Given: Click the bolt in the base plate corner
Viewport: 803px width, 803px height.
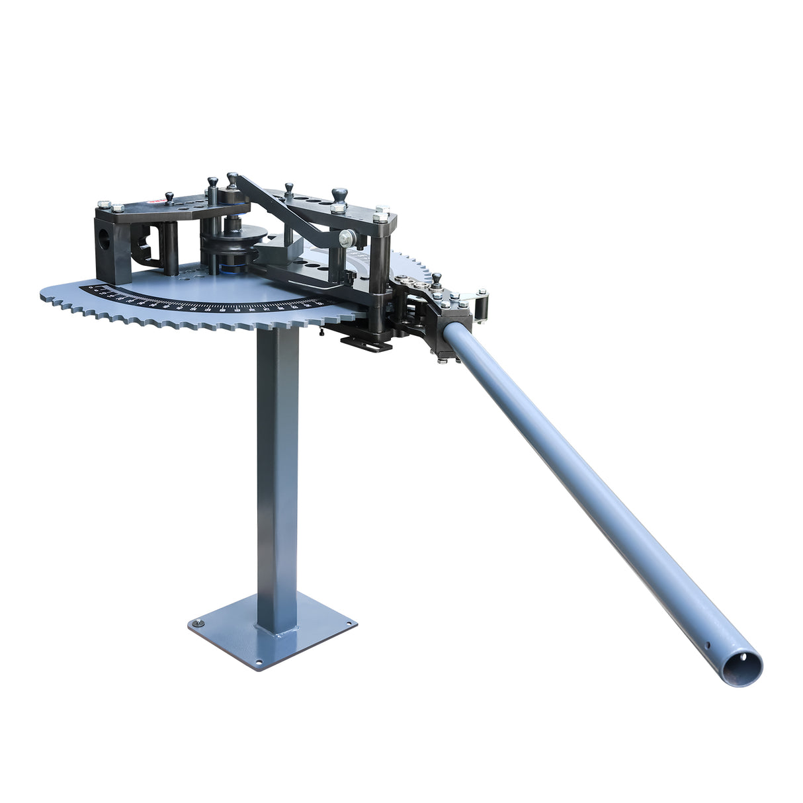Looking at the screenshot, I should pos(197,622).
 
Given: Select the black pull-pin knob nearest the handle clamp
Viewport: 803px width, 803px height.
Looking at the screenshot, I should pos(436,279).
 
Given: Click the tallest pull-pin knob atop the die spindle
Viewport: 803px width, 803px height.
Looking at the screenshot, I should pos(232,179).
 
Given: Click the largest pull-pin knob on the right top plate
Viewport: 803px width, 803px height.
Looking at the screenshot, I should pos(340,194).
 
